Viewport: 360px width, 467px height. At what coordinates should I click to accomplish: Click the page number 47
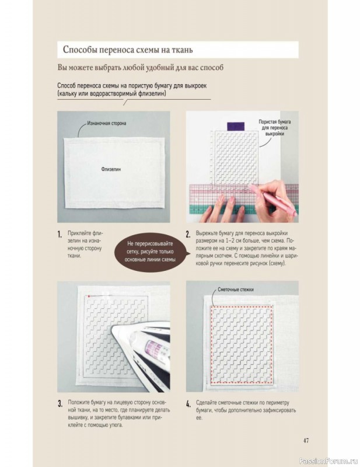(x=306, y=441)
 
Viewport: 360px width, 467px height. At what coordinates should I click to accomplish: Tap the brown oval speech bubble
(x=151, y=252)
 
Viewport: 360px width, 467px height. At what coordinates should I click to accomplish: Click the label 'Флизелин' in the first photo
(x=111, y=169)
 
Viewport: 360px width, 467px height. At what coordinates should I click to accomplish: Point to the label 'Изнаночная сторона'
(x=107, y=123)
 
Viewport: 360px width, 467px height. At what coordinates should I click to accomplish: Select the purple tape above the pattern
(x=236, y=126)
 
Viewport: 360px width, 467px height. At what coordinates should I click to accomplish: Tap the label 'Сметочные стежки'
(x=236, y=290)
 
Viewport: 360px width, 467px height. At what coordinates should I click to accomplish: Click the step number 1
(x=60, y=234)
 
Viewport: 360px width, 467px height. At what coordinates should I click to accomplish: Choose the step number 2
(x=188, y=234)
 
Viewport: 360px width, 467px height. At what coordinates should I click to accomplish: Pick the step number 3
(x=60, y=404)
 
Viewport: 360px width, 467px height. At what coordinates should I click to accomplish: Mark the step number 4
(x=188, y=404)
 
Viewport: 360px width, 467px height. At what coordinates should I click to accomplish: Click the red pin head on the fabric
(x=89, y=297)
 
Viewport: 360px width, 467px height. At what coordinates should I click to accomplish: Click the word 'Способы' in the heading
(x=80, y=50)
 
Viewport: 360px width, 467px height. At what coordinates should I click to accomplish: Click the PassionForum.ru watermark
(x=328, y=461)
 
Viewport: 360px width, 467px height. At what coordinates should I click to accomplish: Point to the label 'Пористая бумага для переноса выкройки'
(x=275, y=128)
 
